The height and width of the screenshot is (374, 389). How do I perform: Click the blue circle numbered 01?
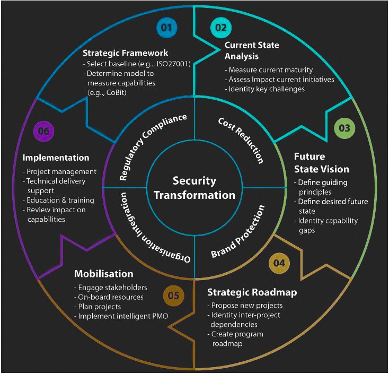166,28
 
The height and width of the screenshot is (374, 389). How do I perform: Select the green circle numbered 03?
344,128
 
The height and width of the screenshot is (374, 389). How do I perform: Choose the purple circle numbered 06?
45,131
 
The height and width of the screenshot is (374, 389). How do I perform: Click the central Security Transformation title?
194,188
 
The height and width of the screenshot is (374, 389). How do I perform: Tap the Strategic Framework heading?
125,53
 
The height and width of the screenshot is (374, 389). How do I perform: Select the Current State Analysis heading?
252,50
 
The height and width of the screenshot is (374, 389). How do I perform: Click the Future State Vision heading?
321,163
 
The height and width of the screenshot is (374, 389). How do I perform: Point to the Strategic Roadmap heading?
252,292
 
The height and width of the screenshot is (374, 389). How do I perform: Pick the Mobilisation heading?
103,274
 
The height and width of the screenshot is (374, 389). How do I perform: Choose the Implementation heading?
56,158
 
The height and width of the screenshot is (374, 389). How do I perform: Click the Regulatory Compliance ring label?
153,145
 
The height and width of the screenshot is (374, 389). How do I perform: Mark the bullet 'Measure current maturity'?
270,70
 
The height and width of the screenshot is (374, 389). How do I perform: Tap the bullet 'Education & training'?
60,200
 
